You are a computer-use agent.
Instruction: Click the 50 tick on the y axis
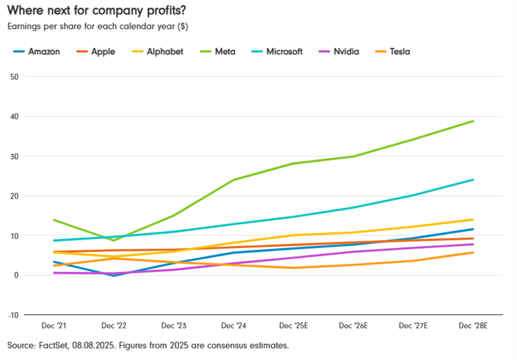click(13, 77)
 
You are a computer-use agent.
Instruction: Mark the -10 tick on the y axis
click(12, 315)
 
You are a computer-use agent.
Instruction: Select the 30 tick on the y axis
click(13, 157)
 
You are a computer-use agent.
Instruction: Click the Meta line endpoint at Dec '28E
click(473, 122)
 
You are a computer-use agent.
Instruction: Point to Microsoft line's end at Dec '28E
click(473, 180)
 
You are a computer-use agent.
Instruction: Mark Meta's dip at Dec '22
click(113, 240)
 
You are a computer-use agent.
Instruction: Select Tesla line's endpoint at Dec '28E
click(473, 253)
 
